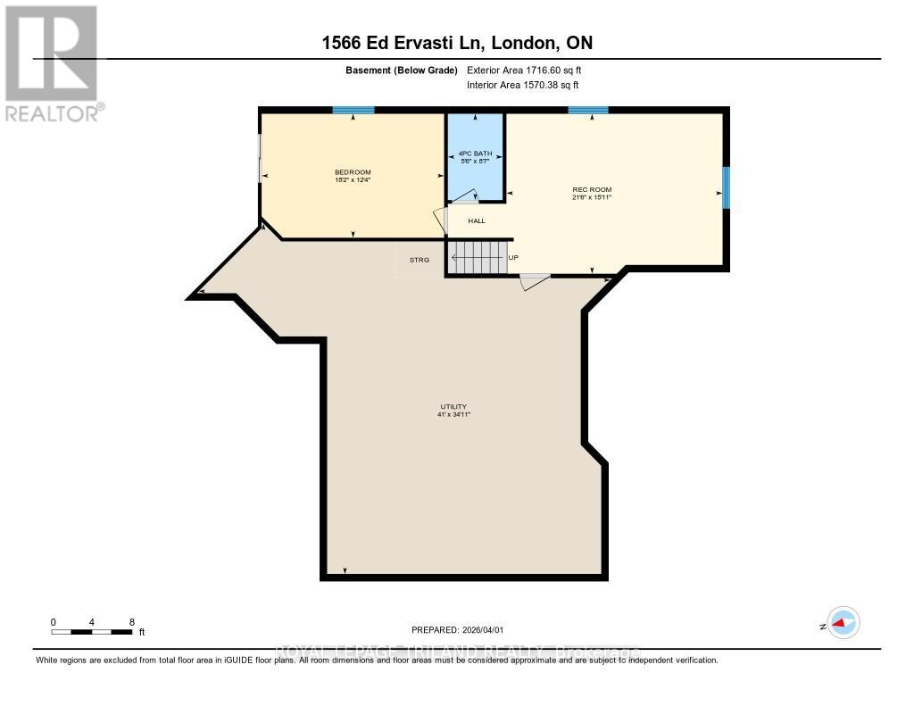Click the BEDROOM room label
coord(353,172)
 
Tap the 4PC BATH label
coord(476,154)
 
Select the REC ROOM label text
coord(592,189)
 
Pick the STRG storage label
coord(420,260)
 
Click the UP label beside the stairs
coord(512,259)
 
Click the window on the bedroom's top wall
coord(353,111)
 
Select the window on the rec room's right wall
coord(727,187)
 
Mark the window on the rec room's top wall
coord(588,111)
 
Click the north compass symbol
coord(842,623)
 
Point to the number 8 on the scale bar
coord(132,622)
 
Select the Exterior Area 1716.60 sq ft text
coord(524,70)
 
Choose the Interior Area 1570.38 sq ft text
coord(523,85)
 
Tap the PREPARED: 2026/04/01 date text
coord(463,629)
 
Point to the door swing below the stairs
coord(535,281)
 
